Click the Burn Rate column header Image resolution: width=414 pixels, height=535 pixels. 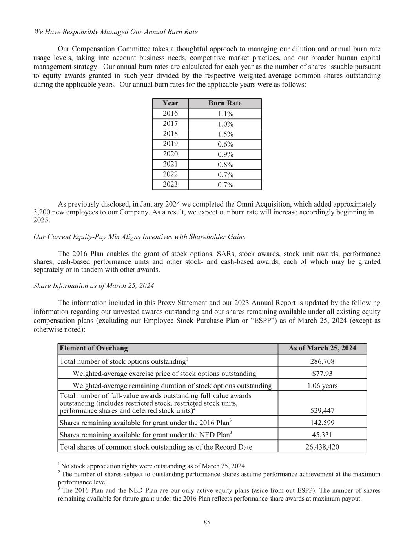pos(225,103)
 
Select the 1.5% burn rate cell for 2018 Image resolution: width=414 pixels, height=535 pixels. pos(225,134)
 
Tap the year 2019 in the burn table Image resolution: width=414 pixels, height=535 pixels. pos(170,144)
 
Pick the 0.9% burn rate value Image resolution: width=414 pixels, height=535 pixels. pos(225,154)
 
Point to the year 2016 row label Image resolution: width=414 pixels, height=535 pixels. pos(170,113)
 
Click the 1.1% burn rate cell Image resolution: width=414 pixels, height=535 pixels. pos(225,114)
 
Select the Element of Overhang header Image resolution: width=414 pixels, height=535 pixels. pos(94,348)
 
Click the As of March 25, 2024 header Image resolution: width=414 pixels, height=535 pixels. pos(322,348)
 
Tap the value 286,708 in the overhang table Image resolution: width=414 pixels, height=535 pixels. pos(322,361)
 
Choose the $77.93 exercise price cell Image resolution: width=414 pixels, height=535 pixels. pos(322,374)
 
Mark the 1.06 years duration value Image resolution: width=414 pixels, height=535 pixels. pos(322,386)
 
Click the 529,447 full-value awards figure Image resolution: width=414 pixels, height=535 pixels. pos(322,410)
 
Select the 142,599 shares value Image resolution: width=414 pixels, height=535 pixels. pos(322,423)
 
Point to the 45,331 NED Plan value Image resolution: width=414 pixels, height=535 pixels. pos(322,435)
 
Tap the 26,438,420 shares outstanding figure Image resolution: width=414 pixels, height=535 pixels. pos(322,447)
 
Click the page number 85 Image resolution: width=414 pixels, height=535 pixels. pos(207,522)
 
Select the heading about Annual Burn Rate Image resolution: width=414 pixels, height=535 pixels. pos(116,32)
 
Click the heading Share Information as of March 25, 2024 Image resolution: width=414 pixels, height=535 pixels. pos(94,285)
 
